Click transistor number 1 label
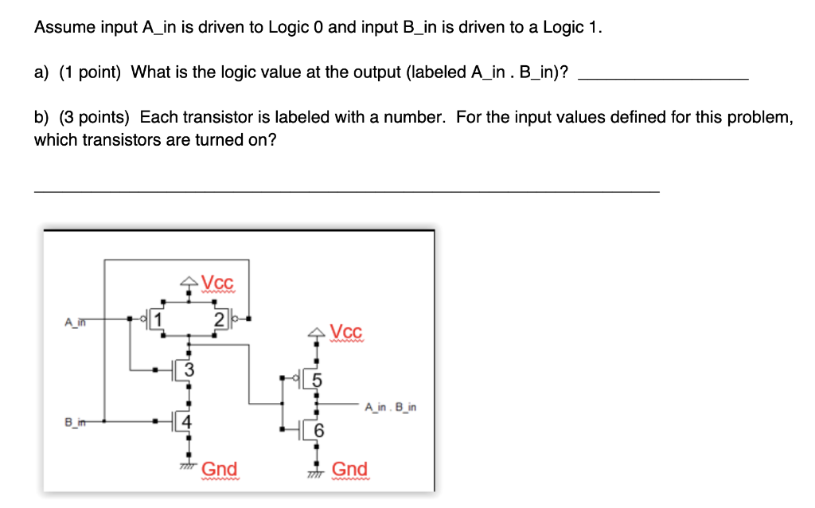coord(158,319)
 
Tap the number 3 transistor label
coord(188,369)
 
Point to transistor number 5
coord(317,380)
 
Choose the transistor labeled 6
coord(318,430)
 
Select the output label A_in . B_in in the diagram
coord(390,407)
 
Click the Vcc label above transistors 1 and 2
coord(218,283)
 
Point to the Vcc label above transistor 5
coord(346,331)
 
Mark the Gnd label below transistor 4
coord(219,469)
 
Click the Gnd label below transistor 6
coord(349,469)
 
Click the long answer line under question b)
coord(346,191)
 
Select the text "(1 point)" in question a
coord(88,72)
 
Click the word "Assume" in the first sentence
coord(64,28)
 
